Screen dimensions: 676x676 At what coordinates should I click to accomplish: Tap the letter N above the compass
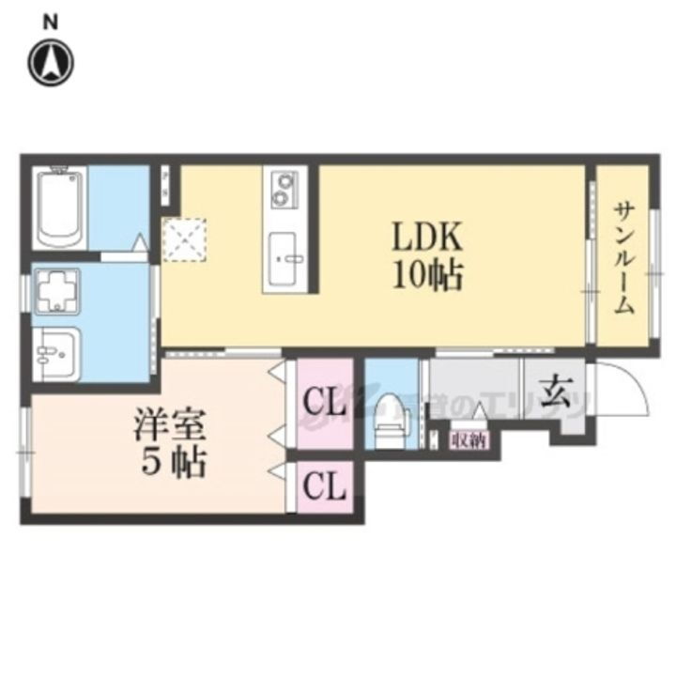click(x=54, y=20)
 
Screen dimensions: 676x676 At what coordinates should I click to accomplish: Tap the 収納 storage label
click(x=469, y=439)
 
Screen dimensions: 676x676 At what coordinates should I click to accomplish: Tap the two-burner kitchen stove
click(x=283, y=189)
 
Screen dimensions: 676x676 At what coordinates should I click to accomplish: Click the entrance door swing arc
click(x=624, y=390)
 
